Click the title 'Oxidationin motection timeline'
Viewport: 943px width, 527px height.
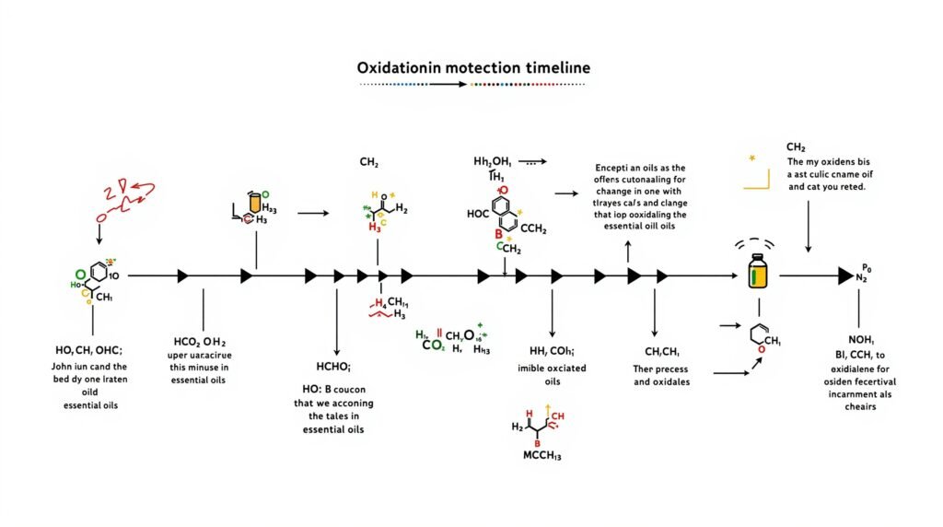point(474,68)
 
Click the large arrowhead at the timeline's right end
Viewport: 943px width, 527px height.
point(845,275)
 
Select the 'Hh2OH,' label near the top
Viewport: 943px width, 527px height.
point(493,160)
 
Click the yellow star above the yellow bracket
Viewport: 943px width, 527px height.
point(752,158)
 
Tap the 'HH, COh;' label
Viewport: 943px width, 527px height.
point(552,351)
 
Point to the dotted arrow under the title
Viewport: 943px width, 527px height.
point(472,84)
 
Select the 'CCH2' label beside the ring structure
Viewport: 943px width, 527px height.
point(534,228)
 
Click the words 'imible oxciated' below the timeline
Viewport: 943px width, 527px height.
point(552,368)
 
